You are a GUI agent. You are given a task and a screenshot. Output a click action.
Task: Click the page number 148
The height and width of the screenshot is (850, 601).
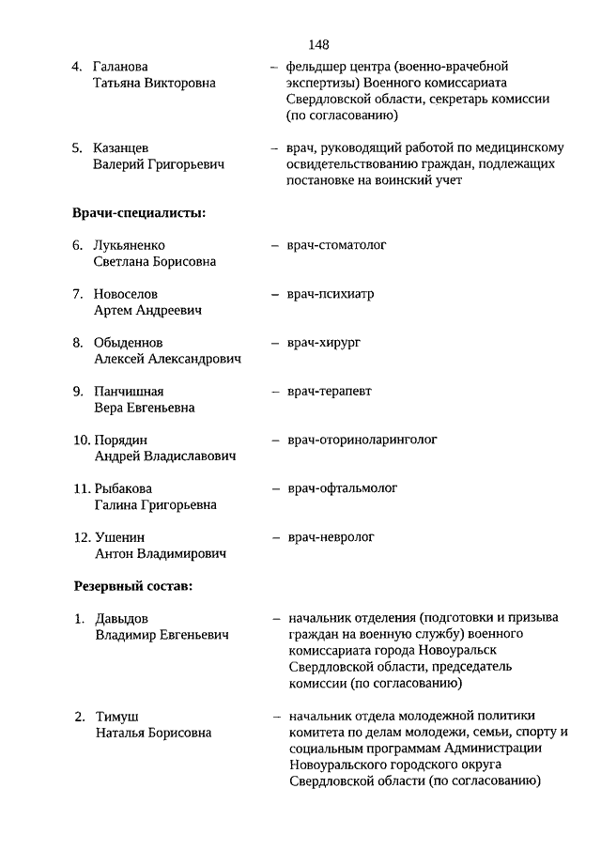pos(317,44)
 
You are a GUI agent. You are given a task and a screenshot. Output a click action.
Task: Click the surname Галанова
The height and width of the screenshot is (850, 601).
pos(121,68)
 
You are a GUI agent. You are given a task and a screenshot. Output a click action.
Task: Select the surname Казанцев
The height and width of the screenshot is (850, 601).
pos(120,148)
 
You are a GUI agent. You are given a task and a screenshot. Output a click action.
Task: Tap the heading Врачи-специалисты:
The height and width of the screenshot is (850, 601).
pos(138,213)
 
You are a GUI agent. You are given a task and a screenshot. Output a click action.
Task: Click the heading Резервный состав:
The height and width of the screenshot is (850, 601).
pos(133,587)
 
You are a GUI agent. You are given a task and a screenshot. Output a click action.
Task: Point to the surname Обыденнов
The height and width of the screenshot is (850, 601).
pos(128,343)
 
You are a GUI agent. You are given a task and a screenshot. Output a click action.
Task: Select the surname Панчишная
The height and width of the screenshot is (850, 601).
pos(129,392)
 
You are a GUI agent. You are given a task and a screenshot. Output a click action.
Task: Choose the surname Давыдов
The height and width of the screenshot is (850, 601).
pos(122,619)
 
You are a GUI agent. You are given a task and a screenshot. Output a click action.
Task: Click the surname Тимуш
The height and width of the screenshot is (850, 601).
pos(117,717)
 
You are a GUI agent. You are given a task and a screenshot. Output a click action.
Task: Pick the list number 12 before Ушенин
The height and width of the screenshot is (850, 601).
pos(81,537)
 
